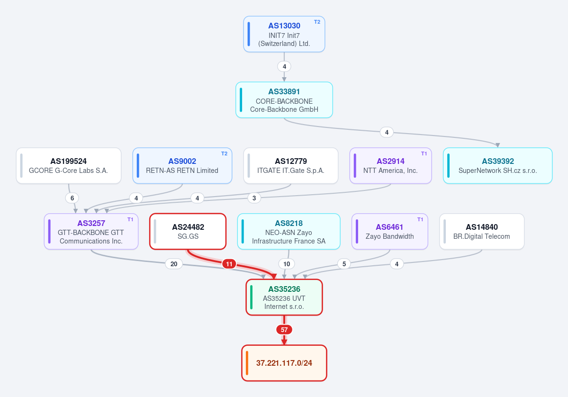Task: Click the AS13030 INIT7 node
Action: pos(284,34)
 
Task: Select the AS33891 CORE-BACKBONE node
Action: pos(284,100)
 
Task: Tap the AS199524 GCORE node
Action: pos(69,165)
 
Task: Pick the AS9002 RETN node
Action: pos(182,165)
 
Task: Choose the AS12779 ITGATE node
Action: pos(291,165)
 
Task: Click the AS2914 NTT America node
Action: pos(390,165)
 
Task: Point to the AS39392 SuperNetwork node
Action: pos(498,165)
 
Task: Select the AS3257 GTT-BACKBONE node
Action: pos(91,232)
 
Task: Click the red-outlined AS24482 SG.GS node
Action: pos(188,232)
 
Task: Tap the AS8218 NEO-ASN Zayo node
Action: pos(289,232)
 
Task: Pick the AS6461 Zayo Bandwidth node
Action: pos(390,232)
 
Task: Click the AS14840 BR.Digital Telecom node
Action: pos(482,232)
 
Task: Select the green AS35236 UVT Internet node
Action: pos(284,298)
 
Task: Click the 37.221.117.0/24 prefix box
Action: pos(284,363)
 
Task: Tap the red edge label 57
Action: pos(284,330)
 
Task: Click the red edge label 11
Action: pos(229,264)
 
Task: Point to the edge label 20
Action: pos(174,264)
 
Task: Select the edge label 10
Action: pos(287,264)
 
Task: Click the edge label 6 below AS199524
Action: pos(72,198)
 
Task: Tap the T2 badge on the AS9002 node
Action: pos(224,153)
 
